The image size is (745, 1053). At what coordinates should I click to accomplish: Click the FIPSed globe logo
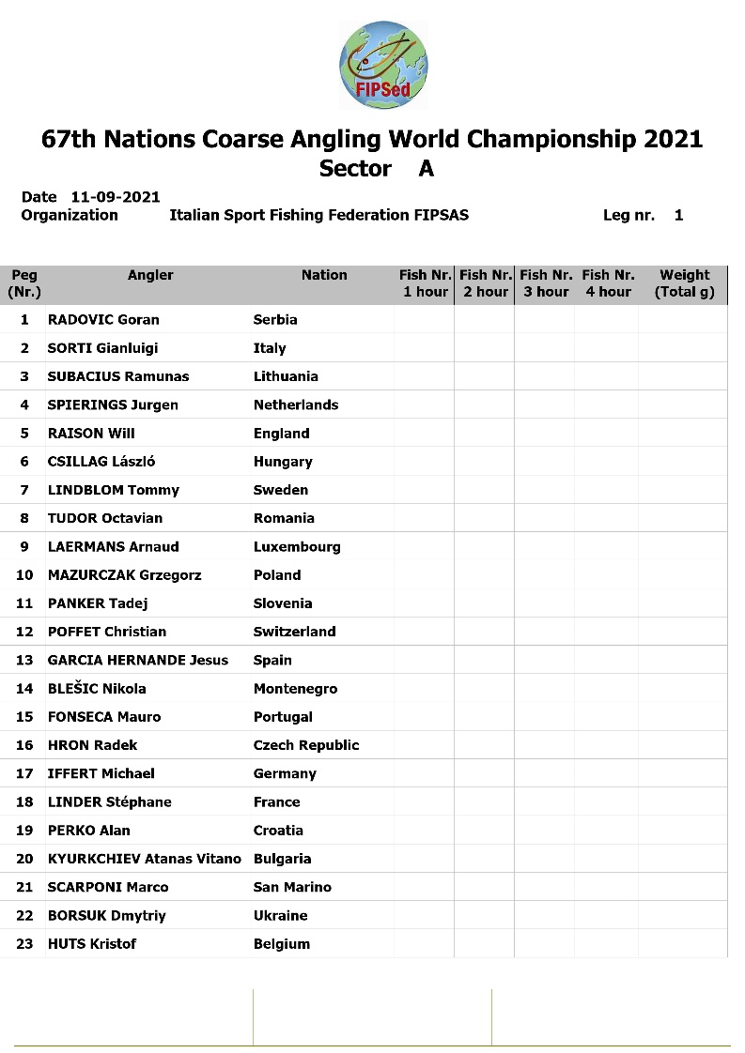click(x=383, y=63)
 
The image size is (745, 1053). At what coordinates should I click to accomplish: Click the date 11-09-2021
click(x=115, y=197)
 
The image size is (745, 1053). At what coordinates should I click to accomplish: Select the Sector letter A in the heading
click(x=427, y=169)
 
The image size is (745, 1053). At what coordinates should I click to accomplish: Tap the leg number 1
click(x=678, y=215)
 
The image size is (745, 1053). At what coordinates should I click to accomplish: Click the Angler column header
click(x=150, y=275)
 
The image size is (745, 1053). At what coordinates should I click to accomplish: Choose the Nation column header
click(x=324, y=275)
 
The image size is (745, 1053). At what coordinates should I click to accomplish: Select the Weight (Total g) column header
click(x=684, y=283)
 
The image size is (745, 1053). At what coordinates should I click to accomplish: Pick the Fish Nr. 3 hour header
click(x=546, y=283)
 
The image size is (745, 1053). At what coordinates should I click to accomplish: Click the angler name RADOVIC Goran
click(x=103, y=320)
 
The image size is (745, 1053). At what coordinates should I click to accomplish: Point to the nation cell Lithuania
click(x=286, y=376)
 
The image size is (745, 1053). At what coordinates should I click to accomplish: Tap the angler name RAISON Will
click(x=91, y=434)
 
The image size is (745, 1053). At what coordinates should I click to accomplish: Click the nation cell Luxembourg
click(x=297, y=547)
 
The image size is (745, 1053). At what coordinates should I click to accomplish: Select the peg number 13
click(x=24, y=661)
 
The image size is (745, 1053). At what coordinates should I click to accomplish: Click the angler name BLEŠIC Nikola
click(x=97, y=689)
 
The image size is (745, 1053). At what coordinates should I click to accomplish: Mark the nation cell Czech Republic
click(x=306, y=745)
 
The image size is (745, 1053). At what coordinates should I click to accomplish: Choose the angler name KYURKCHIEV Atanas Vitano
click(x=144, y=859)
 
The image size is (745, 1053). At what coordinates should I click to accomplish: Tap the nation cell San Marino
click(x=292, y=887)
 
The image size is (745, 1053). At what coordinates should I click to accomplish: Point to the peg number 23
click(x=24, y=944)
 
